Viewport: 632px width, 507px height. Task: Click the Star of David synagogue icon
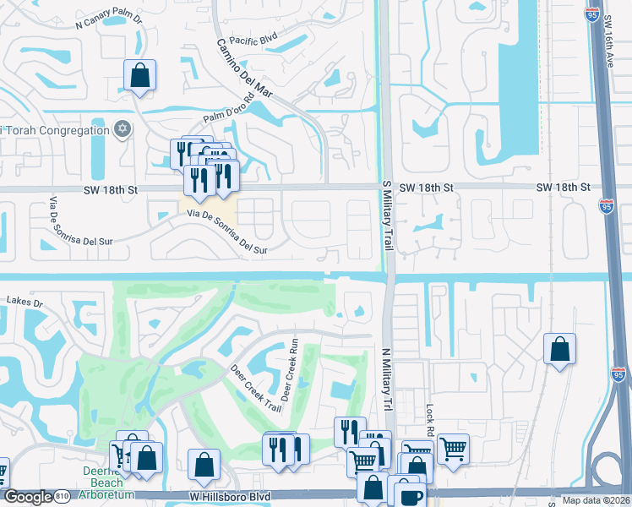click(123, 130)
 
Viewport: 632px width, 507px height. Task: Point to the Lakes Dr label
click(24, 300)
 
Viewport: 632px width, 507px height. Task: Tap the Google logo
click(29, 496)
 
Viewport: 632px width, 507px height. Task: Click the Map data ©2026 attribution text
click(597, 500)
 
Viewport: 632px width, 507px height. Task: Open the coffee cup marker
click(410, 495)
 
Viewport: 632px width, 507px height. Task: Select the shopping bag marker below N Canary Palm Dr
click(140, 75)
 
